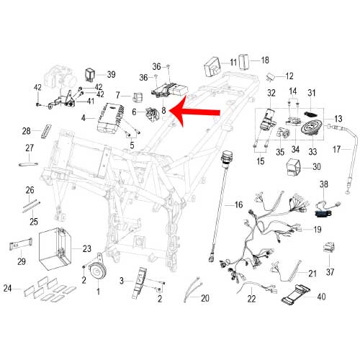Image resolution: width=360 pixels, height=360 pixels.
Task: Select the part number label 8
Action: coord(164,111)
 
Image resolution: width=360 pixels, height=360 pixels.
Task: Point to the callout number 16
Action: coord(238,205)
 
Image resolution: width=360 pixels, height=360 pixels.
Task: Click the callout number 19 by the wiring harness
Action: coord(316,230)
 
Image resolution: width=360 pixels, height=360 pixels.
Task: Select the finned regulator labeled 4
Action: coord(112,117)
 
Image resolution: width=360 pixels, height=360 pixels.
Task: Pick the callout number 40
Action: coord(321,296)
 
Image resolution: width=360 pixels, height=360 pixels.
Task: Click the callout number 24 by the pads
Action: coord(8,289)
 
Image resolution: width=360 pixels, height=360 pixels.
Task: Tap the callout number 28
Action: coord(27,132)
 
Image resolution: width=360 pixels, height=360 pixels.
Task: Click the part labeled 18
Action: coord(244,60)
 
